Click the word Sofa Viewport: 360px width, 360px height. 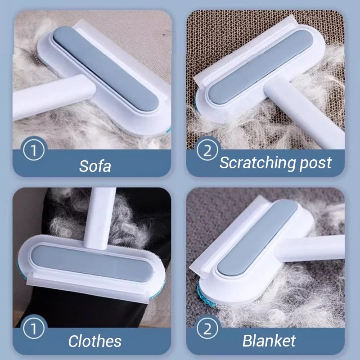pos(95,166)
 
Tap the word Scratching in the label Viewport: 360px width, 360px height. pos(258,163)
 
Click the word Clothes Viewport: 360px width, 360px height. pos(95,341)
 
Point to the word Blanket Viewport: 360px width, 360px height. pos(269,341)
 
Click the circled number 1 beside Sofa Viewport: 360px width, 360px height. pos(34,150)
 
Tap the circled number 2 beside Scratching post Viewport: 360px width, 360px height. pos(207,150)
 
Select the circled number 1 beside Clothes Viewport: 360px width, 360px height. pos(34,328)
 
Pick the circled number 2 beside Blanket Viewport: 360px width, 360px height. pos(207,328)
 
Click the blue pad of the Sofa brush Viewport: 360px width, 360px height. pos(106,69)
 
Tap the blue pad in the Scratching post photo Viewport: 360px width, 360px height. pos(261,67)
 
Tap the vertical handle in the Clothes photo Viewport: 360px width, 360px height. pos(99,219)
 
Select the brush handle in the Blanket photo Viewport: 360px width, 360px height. pos(312,249)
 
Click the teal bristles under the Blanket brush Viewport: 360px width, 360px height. pos(206,297)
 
